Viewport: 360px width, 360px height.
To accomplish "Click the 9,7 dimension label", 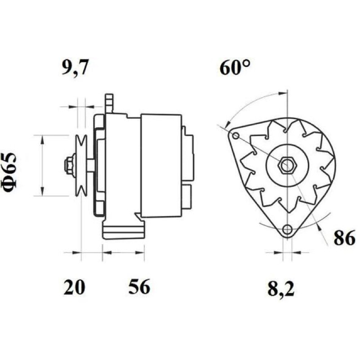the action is pyautogui.click(x=75, y=68).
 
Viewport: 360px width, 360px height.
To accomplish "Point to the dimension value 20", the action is pyautogui.click(x=74, y=287).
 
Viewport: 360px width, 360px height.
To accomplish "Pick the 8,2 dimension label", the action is pyautogui.click(x=281, y=288).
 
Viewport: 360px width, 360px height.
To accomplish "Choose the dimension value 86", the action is pyautogui.click(x=344, y=238).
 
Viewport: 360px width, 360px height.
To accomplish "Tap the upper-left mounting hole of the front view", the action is pyautogui.click(x=235, y=136).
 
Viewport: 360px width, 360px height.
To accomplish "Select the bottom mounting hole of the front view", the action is pyautogui.click(x=287, y=229).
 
